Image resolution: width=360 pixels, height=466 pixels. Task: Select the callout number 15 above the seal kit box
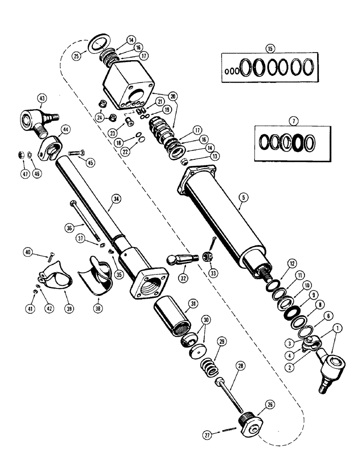tap(269, 48)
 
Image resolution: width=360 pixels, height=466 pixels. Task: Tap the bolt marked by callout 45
tap(76, 152)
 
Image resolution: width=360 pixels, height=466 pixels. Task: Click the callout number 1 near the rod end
tap(338, 329)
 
